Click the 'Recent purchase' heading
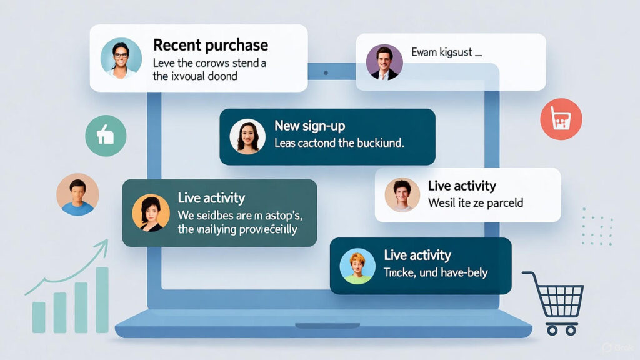[x=210, y=45]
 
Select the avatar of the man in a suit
[x=382, y=62]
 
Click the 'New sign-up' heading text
[x=311, y=126]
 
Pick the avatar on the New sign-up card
[x=247, y=136]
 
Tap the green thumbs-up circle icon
[x=106, y=136]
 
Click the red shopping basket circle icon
[x=561, y=119]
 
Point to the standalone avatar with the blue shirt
[x=77, y=194]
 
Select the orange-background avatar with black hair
[x=151, y=212]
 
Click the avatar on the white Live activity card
[x=402, y=194]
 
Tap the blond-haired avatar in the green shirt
[x=357, y=266]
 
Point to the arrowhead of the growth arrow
[x=103, y=244]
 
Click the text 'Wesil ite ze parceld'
[x=475, y=202]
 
